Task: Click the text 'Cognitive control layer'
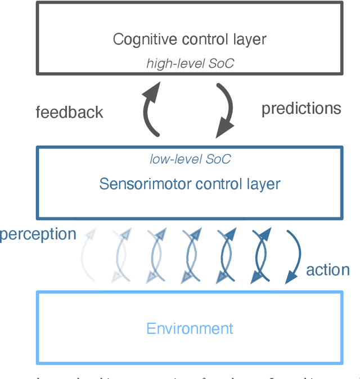[x=190, y=39]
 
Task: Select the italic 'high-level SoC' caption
[x=190, y=63]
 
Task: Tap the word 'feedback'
[x=69, y=112]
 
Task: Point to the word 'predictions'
[x=301, y=108]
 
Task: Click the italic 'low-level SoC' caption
[x=190, y=159]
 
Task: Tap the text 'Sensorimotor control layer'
[x=190, y=184]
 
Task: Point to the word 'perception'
[x=38, y=234]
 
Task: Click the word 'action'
[x=327, y=270]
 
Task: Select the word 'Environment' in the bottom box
[x=190, y=328]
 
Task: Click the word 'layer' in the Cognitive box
[x=250, y=39]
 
